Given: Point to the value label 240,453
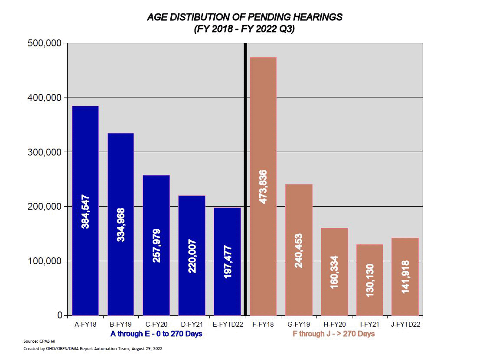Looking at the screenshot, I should [299, 250].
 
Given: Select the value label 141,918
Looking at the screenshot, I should [405, 276].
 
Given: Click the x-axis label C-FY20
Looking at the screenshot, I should [156, 324].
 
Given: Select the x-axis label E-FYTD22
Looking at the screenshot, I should [227, 324].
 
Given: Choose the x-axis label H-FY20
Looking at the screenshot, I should [334, 324].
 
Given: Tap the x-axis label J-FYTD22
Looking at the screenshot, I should [405, 324].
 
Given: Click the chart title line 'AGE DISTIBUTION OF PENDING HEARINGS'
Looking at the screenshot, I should [244, 17].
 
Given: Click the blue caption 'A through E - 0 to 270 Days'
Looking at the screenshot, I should [156, 334].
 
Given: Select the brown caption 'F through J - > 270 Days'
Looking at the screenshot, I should [334, 334].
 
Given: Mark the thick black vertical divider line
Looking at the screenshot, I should [246, 173].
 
